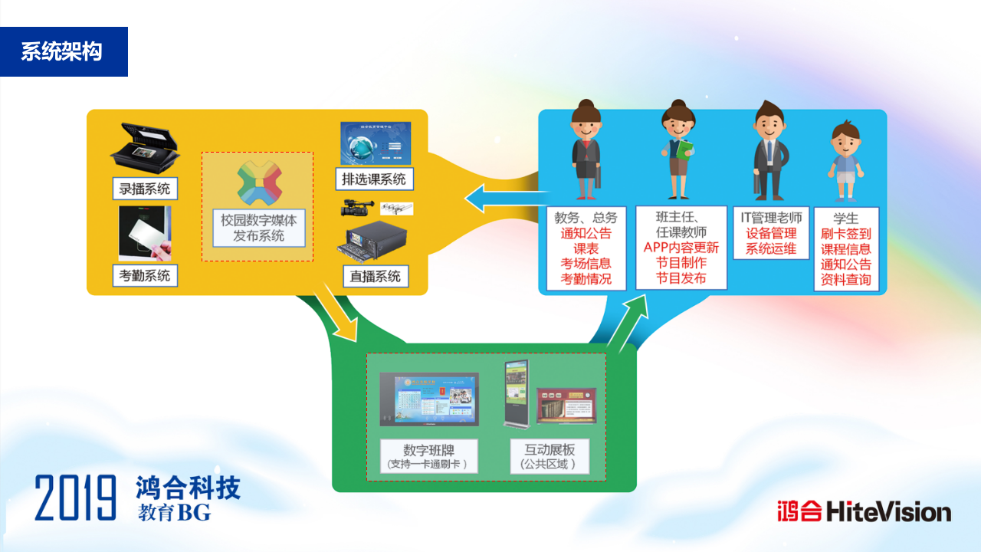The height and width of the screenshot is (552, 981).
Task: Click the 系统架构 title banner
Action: (x=63, y=51)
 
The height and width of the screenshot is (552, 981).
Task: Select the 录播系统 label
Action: (x=145, y=188)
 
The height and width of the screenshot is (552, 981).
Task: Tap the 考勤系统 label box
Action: (x=145, y=274)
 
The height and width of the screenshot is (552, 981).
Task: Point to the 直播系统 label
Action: (x=375, y=276)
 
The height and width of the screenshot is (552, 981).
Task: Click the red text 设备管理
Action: (x=771, y=233)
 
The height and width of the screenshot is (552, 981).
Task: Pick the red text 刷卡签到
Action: (x=846, y=234)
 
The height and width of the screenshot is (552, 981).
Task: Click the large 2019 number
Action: (x=75, y=498)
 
